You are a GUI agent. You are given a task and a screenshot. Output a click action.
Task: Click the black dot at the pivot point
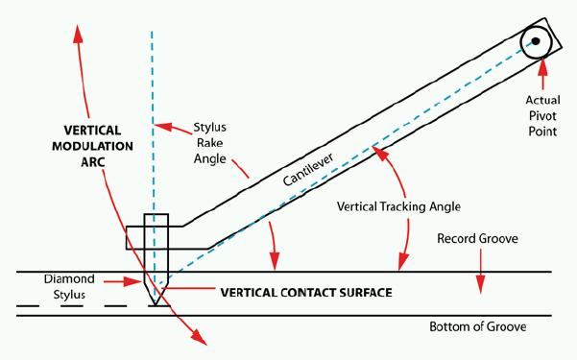(536, 41)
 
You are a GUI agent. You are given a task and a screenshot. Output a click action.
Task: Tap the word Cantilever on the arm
(308, 169)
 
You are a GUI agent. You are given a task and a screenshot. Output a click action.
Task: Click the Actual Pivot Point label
(542, 115)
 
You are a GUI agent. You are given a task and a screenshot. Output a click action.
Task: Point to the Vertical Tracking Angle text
(398, 206)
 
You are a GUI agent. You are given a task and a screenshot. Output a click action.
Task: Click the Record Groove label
(477, 238)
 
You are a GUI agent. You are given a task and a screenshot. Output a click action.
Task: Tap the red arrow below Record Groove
(480, 272)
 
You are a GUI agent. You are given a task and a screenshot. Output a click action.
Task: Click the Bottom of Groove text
(478, 326)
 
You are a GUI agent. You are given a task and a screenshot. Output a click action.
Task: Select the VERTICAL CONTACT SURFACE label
(306, 293)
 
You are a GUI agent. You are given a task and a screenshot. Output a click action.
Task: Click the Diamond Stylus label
(69, 287)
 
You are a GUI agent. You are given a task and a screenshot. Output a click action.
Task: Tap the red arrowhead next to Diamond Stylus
(132, 282)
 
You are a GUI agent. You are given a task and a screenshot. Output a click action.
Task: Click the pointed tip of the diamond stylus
(156, 305)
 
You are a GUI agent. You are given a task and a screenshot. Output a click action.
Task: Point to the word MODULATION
(92, 146)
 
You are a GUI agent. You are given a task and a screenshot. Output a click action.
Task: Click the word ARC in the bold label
(93, 162)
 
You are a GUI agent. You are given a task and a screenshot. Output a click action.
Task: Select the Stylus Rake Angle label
(209, 143)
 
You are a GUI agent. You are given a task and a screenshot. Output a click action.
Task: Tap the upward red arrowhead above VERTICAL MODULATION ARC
(78, 34)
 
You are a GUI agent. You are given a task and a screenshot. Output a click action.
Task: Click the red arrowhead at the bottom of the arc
(199, 337)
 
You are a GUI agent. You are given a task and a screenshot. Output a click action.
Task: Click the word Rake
(209, 143)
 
